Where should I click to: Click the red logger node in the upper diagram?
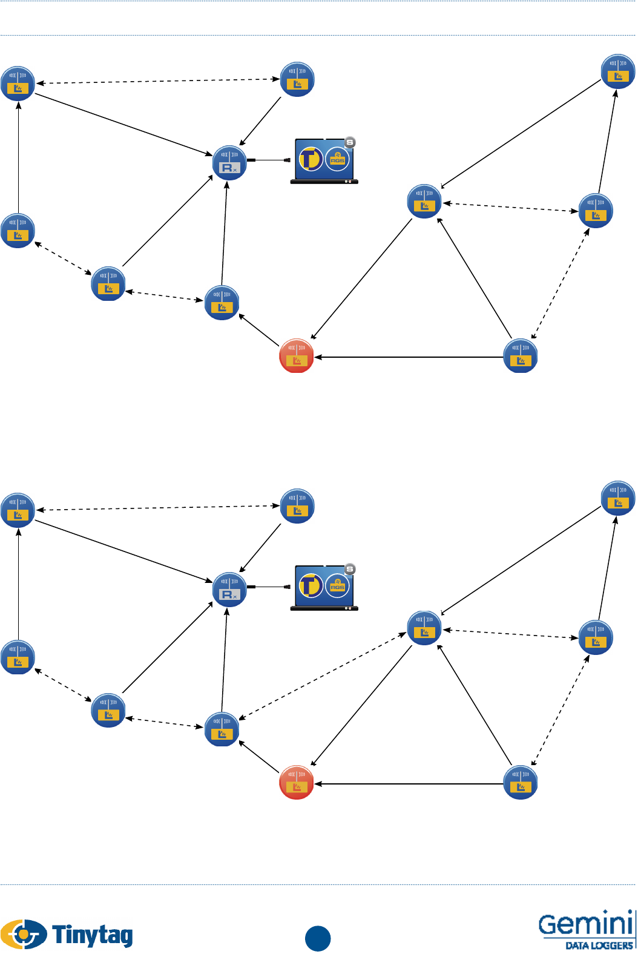click(x=297, y=355)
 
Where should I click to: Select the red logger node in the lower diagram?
click(x=297, y=782)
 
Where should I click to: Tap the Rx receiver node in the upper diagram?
click(x=229, y=163)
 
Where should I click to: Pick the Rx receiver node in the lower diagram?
click(x=229, y=590)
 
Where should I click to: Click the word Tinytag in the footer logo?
click(x=93, y=935)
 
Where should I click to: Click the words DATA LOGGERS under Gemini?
click(x=599, y=945)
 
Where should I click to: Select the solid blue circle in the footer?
click(x=318, y=938)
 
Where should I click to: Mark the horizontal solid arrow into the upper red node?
click(x=409, y=357)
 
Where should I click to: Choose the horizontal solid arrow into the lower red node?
click(x=409, y=784)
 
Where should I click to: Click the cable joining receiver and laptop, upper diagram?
click(x=269, y=160)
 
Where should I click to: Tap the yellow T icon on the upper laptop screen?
click(x=311, y=160)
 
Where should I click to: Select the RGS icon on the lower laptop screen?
click(x=337, y=586)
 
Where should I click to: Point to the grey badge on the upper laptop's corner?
click(x=350, y=143)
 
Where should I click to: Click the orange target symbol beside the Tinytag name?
click(x=24, y=934)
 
